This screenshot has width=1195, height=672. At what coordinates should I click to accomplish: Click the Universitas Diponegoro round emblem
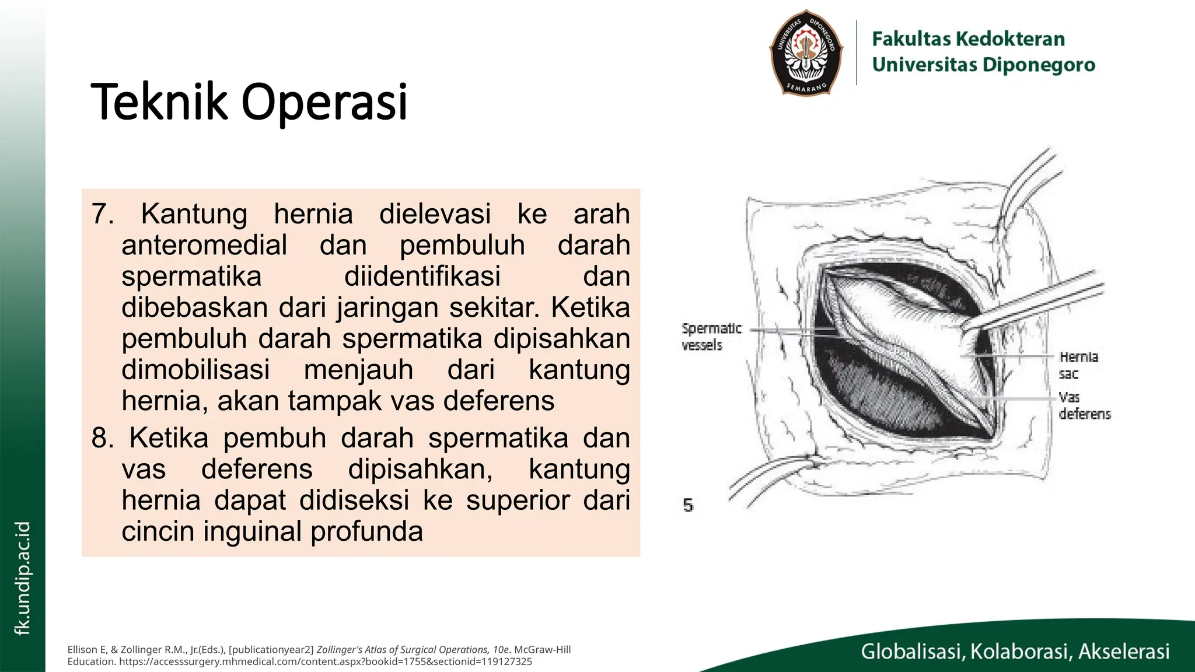806,52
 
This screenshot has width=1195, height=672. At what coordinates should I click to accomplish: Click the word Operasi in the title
324,102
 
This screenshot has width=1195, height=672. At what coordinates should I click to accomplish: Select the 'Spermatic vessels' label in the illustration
711,337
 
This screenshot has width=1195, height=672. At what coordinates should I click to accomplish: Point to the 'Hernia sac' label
1078,365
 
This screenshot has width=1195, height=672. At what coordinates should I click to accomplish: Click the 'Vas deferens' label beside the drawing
1084,405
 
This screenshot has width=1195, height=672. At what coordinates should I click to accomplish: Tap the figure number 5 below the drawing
689,505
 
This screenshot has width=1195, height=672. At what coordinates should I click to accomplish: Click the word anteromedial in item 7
204,245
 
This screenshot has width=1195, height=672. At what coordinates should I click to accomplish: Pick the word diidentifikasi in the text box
422,276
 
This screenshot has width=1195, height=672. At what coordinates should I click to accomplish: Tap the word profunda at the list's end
366,531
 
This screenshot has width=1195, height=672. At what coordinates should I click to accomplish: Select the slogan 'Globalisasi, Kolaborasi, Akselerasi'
1015,652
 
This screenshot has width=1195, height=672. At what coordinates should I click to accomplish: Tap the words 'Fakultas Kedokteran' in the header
968,39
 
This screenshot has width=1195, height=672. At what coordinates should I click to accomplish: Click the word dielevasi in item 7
435,214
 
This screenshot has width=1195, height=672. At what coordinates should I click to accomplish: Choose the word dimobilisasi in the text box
195,370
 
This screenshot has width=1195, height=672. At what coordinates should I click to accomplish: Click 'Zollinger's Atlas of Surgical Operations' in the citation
414,650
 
